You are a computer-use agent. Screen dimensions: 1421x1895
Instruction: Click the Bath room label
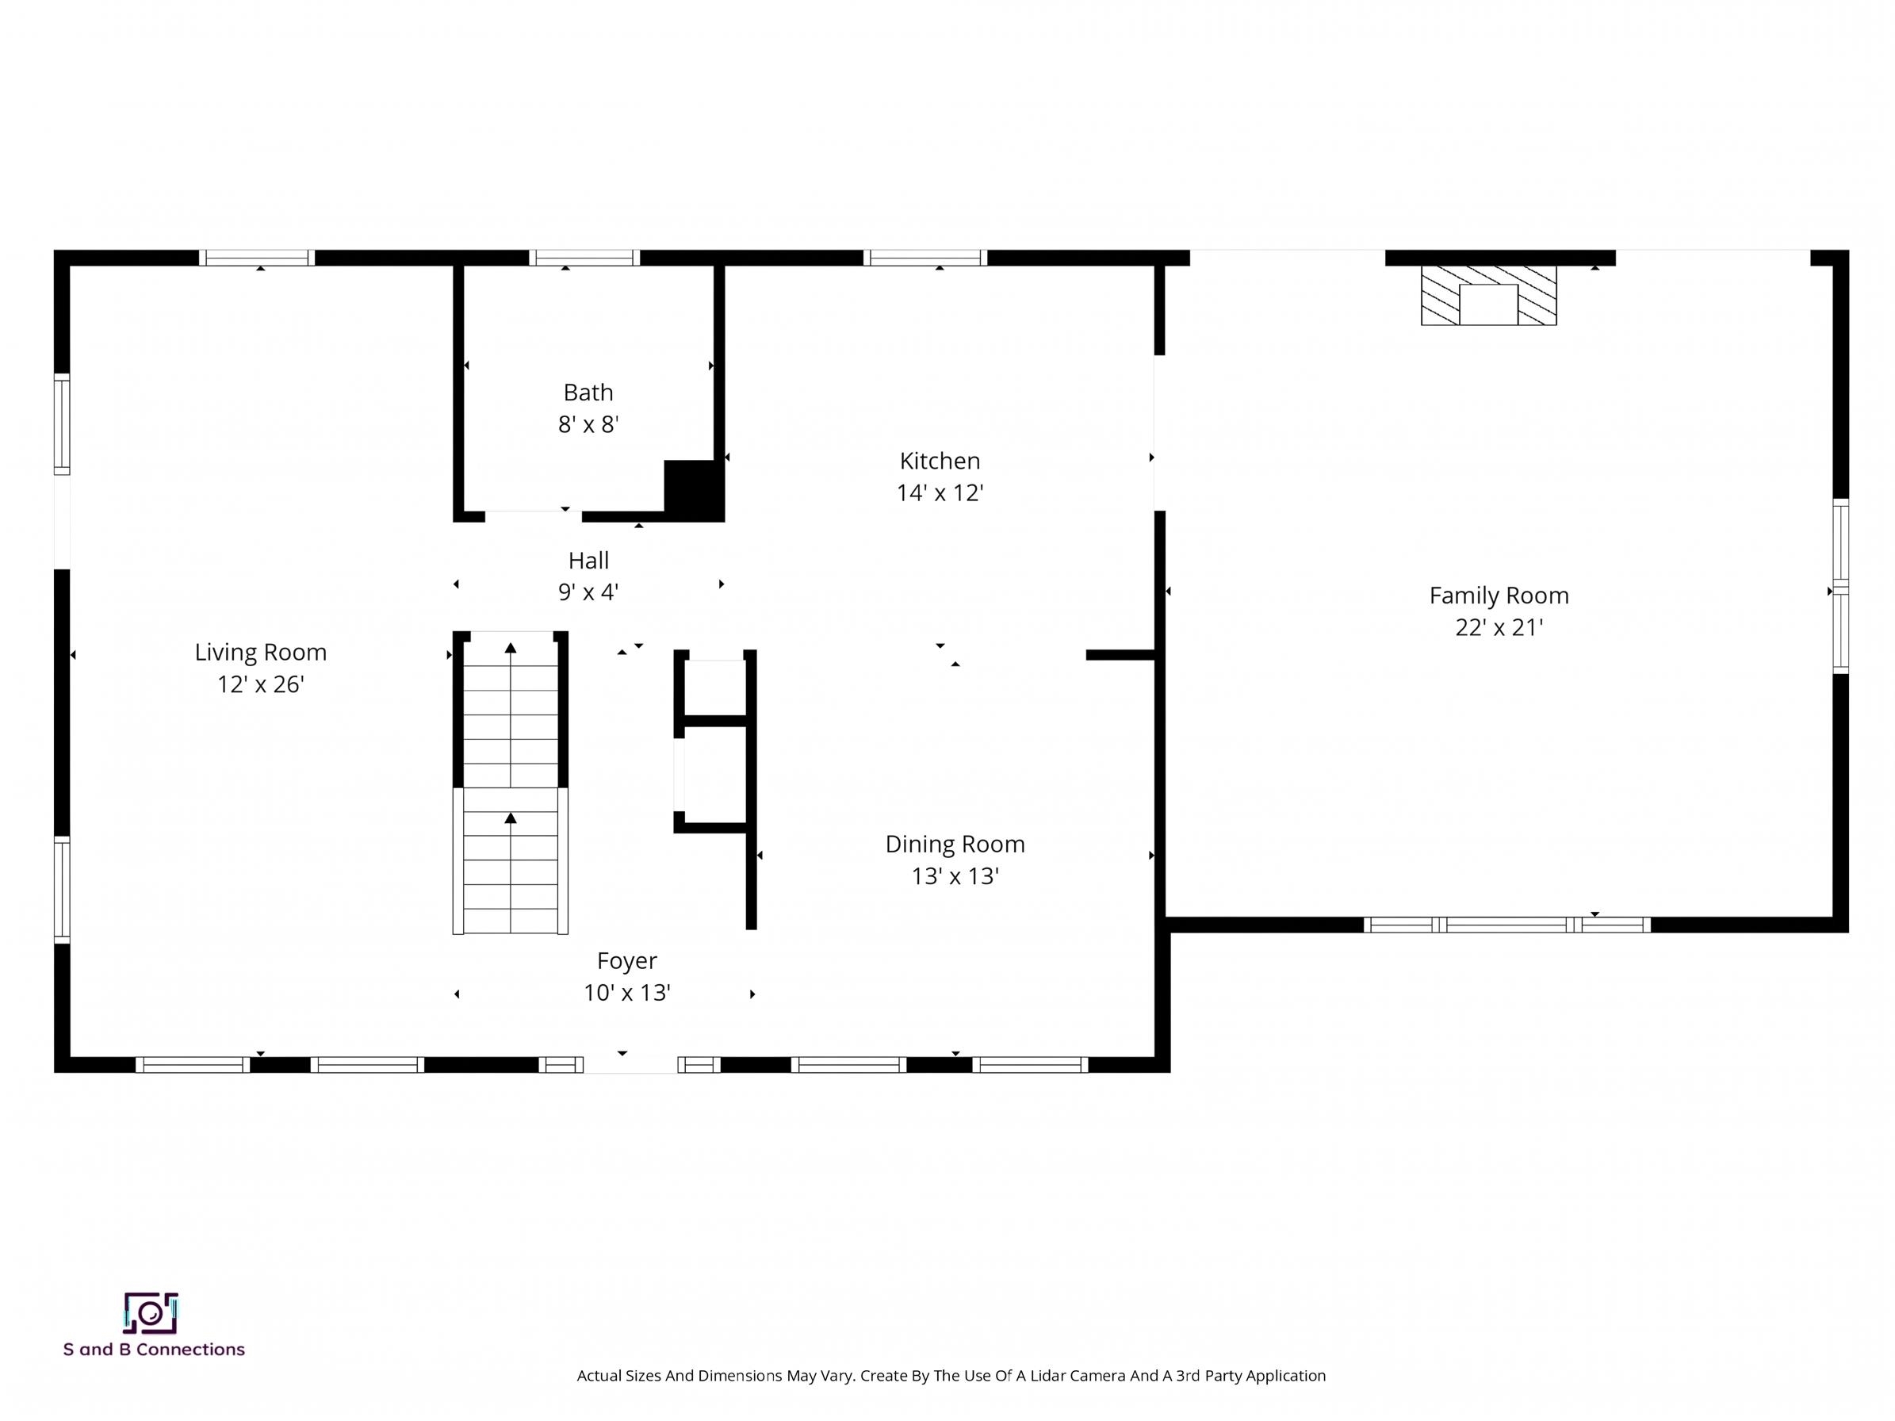(x=588, y=393)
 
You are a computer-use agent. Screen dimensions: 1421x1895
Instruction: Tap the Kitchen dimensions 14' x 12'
(x=940, y=493)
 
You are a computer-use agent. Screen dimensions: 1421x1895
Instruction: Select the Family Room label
(x=1499, y=596)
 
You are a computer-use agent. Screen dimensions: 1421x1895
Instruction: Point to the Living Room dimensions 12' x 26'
(x=260, y=684)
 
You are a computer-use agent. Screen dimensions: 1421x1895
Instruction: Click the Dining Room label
(x=955, y=844)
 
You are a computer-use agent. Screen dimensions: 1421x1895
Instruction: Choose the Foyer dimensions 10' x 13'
(x=626, y=993)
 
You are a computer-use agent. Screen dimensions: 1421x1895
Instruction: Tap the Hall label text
(x=588, y=560)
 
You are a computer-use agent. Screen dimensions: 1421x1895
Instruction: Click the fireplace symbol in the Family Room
(x=1488, y=296)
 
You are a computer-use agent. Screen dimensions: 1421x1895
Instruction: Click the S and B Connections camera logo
(x=151, y=1313)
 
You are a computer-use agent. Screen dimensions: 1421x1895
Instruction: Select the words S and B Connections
(x=154, y=1350)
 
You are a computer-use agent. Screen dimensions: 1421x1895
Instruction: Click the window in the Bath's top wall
(x=584, y=258)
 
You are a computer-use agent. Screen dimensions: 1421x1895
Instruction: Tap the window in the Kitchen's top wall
(x=925, y=258)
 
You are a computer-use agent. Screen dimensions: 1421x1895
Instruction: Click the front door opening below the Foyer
(x=630, y=1065)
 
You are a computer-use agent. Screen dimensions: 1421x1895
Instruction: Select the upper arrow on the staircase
(x=511, y=649)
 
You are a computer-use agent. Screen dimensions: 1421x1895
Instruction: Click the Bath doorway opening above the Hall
(x=533, y=515)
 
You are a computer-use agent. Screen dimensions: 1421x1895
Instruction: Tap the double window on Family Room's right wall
(x=1840, y=587)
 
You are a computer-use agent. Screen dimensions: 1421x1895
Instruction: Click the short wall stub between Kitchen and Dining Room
(x=1120, y=655)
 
